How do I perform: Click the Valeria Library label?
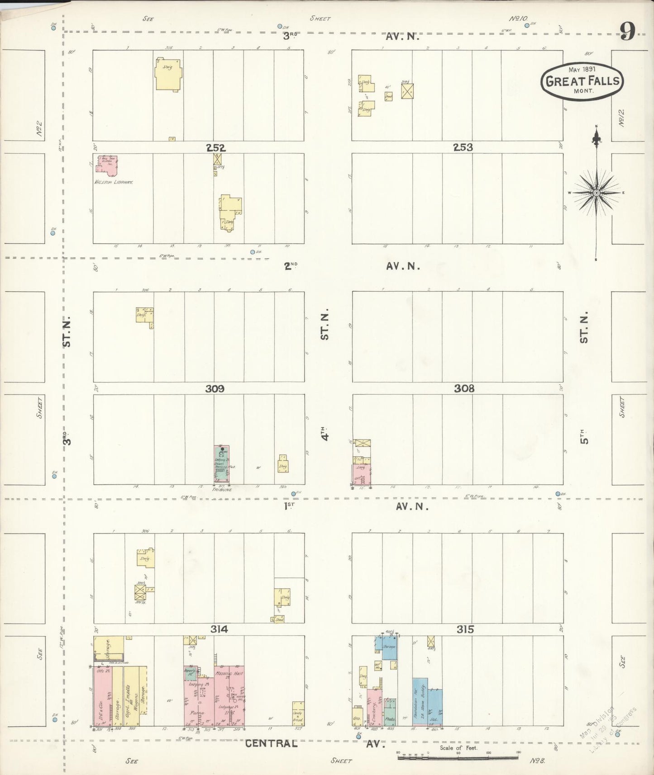[x=113, y=182]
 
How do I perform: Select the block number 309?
[x=215, y=389]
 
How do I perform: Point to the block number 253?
[x=463, y=147]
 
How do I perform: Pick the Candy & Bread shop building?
[x=298, y=714]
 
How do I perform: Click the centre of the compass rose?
[x=597, y=193]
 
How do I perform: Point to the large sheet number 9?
[x=627, y=32]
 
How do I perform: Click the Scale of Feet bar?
[x=459, y=757]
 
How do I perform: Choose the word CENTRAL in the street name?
[x=271, y=743]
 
